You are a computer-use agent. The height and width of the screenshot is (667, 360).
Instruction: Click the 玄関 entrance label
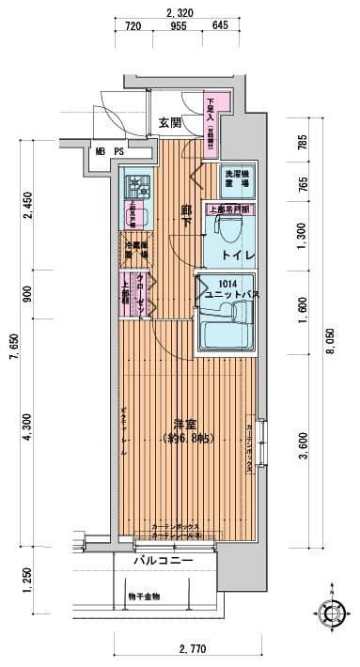pos(169,122)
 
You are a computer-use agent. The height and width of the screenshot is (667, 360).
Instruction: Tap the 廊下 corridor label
pos(187,216)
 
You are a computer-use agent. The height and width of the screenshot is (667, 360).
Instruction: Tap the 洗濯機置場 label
pos(235,178)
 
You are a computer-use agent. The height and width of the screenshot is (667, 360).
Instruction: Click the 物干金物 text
pos(144,596)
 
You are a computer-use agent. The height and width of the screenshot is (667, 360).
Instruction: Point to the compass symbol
pos(332,616)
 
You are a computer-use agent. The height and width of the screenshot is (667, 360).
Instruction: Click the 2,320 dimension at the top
pos(179,12)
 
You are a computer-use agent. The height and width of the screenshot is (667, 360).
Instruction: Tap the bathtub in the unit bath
pos(225,331)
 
